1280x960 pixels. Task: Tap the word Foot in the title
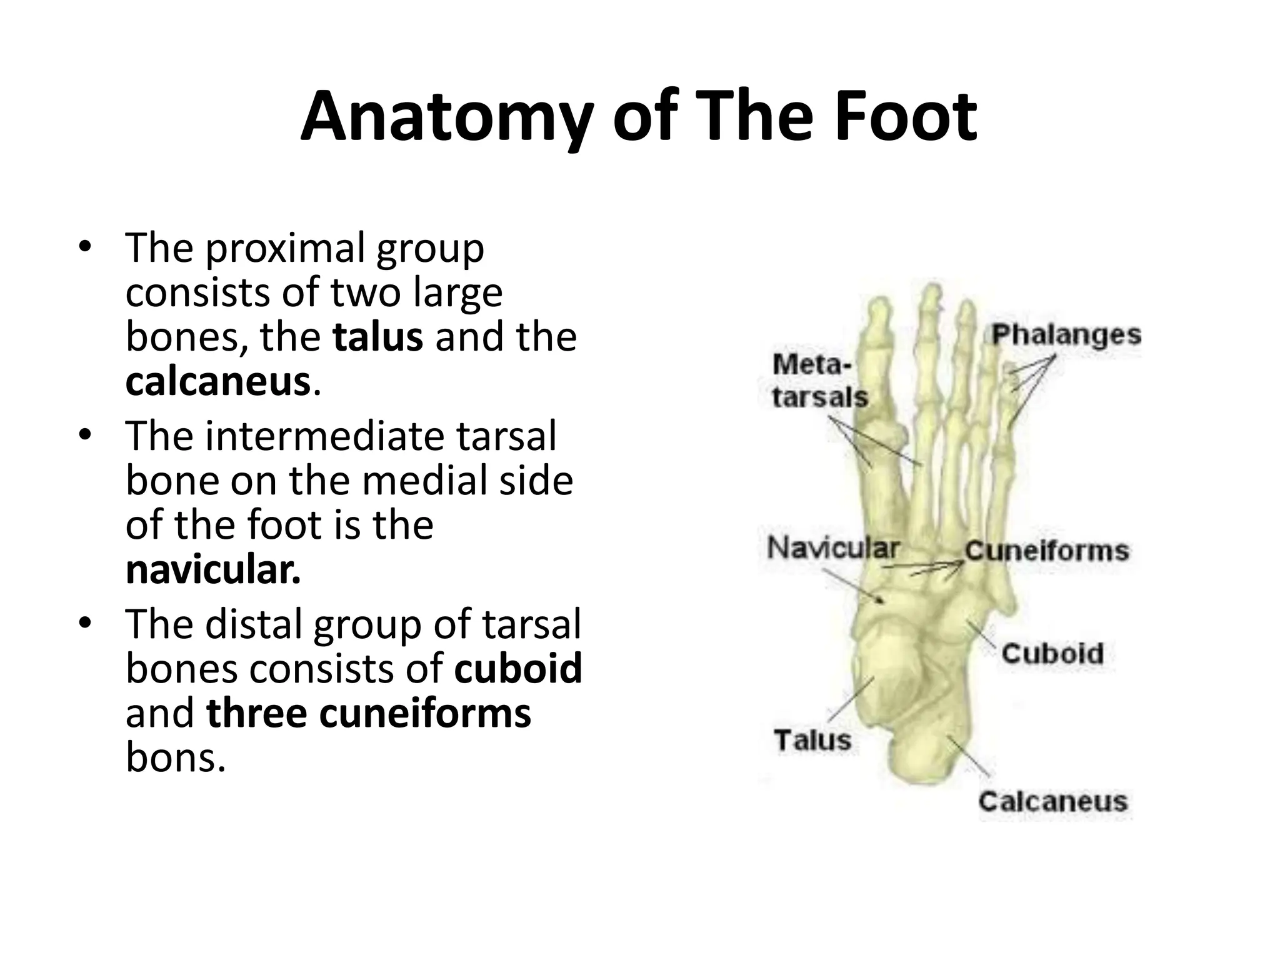[906, 117]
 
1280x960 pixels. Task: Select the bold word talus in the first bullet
[378, 337]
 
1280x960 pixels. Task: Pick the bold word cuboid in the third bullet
[518, 668]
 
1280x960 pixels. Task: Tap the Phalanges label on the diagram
[1066, 335]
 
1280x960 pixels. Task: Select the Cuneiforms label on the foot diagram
[1047, 551]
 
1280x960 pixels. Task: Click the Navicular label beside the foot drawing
[833, 548]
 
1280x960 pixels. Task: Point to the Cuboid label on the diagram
[1052, 654]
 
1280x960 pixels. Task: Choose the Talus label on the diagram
[813, 740]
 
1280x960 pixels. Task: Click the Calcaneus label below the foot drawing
[1053, 801]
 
